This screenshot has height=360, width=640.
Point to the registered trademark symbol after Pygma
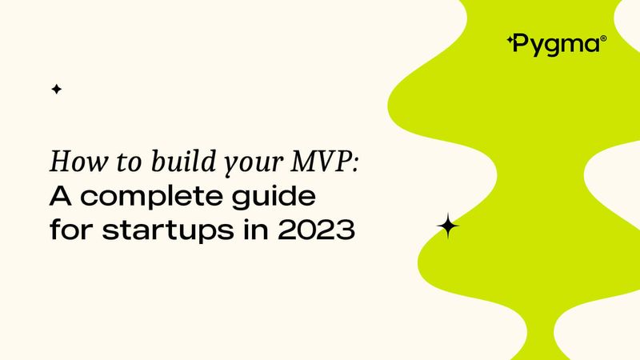click(x=603, y=38)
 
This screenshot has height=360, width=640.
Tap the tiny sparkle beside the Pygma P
click(x=510, y=38)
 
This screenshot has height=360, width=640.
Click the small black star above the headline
click(x=56, y=90)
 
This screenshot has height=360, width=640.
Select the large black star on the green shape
click(x=448, y=227)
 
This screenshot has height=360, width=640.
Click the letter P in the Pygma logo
click(x=521, y=44)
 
